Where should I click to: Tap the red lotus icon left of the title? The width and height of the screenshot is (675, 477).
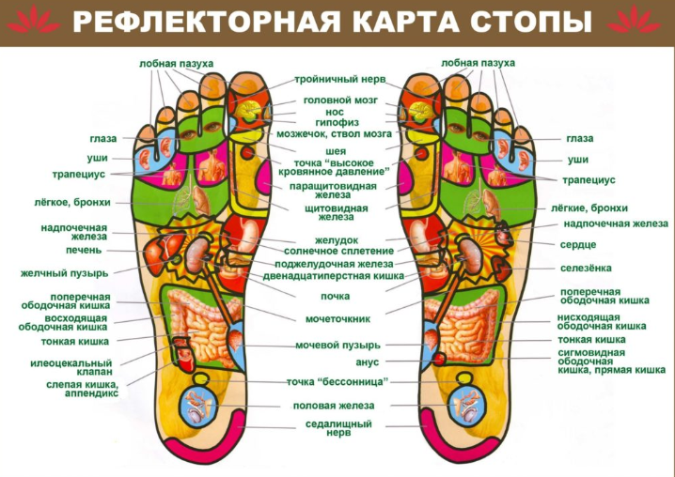tap(34, 20)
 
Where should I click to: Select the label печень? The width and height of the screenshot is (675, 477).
tap(84, 250)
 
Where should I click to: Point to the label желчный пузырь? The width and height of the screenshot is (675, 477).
tap(64, 273)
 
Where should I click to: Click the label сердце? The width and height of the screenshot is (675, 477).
tap(578, 245)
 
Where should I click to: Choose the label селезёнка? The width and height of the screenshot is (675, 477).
tap(586, 268)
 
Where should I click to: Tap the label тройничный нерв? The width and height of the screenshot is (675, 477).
tap(339, 80)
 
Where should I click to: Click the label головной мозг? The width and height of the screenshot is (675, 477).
tap(340, 100)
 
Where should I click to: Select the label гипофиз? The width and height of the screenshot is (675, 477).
tap(337, 123)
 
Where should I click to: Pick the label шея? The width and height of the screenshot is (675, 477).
tap(336, 151)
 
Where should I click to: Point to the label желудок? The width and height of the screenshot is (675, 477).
tap(337, 240)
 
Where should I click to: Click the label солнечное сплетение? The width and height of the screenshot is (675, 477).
tap(338, 251)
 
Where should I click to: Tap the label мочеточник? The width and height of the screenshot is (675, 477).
tap(337, 319)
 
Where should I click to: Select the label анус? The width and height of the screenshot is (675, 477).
tap(368, 362)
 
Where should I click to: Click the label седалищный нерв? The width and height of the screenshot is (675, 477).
tap(338, 428)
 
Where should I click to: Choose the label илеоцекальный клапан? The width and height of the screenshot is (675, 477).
tap(71, 367)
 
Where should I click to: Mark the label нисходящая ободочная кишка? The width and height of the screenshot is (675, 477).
tap(602, 322)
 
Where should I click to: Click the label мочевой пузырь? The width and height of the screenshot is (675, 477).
tap(337, 346)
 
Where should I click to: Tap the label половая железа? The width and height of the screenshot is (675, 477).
tap(334, 406)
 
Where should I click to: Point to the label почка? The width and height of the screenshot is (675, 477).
tap(335, 297)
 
